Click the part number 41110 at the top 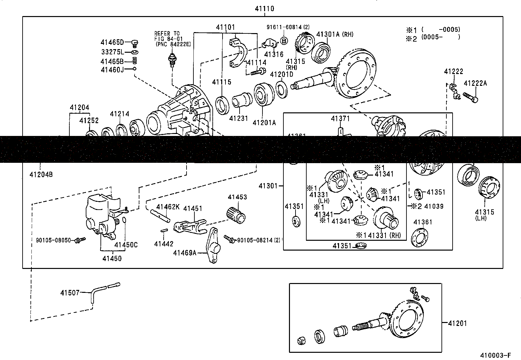click(264, 9)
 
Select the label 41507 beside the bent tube click(70, 293)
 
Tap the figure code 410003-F click(495, 355)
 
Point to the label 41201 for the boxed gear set click(458, 323)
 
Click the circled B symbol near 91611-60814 click(284, 41)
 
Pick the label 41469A click(185, 253)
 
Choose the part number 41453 click(237, 197)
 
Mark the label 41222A click(475, 83)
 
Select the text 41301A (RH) click(335, 34)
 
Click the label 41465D click(112, 42)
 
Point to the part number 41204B click(41, 174)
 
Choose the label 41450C click(126, 244)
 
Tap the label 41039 click(434, 206)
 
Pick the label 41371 click(340, 119)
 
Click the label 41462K click(168, 207)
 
